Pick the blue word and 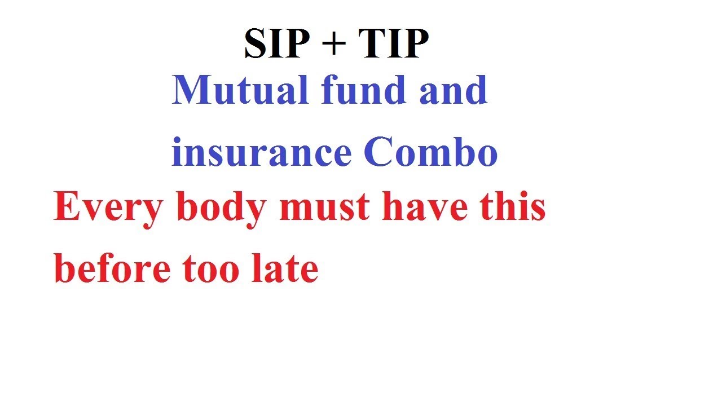[x=453, y=90]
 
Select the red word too [x=212, y=268]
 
